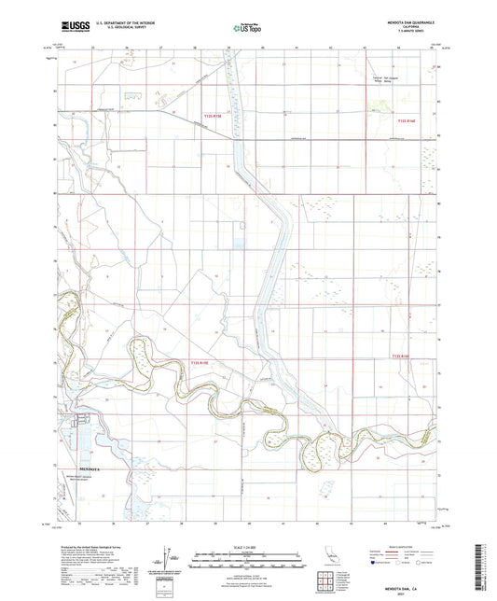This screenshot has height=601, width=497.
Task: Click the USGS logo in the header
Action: point(74,28)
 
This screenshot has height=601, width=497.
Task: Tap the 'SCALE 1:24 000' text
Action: point(248,547)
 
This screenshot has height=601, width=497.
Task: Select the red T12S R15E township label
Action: point(214,116)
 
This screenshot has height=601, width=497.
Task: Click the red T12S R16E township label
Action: point(404,122)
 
